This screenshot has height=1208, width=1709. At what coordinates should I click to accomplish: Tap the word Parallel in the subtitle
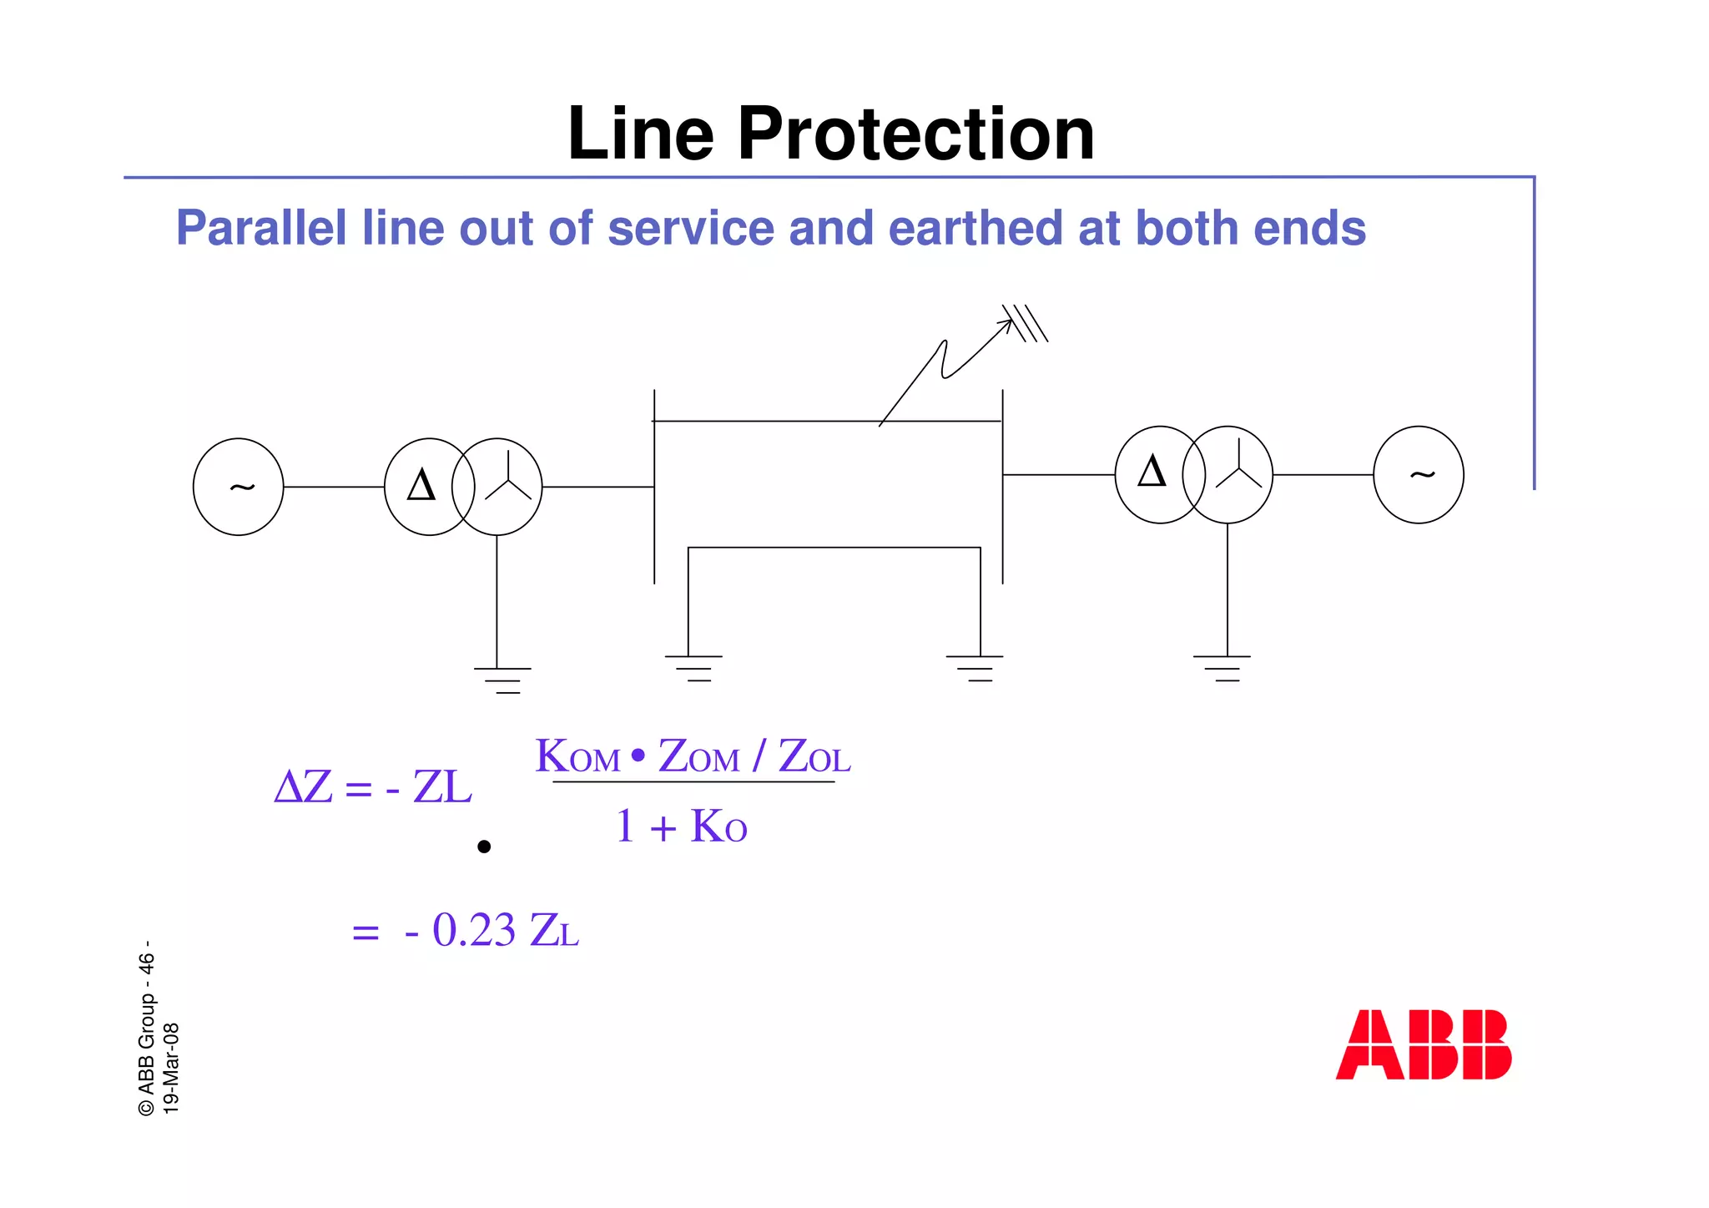pos(261,228)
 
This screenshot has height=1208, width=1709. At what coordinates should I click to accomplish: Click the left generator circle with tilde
pos(239,487)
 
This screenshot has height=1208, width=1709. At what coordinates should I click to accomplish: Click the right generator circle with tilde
pos(1418,475)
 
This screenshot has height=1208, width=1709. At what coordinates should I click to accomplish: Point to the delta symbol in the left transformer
pos(421,485)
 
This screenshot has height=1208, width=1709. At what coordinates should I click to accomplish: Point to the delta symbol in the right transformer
pos(1152,473)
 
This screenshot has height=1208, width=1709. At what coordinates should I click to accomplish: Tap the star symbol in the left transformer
pos(507,483)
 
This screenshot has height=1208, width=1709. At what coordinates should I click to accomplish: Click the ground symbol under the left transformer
pos(502,680)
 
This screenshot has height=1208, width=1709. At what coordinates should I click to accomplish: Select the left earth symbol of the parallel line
pos(693,669)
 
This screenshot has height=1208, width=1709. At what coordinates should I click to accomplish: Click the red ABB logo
pos(1423,1044)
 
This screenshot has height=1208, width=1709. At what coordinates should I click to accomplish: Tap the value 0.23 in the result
pos(473,930)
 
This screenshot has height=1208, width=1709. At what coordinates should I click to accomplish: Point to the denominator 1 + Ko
pos(681,826)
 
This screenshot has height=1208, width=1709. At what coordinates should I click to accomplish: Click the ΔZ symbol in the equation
pos(303,786)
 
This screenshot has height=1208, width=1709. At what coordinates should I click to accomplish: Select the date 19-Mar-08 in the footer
pos(170,1068)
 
